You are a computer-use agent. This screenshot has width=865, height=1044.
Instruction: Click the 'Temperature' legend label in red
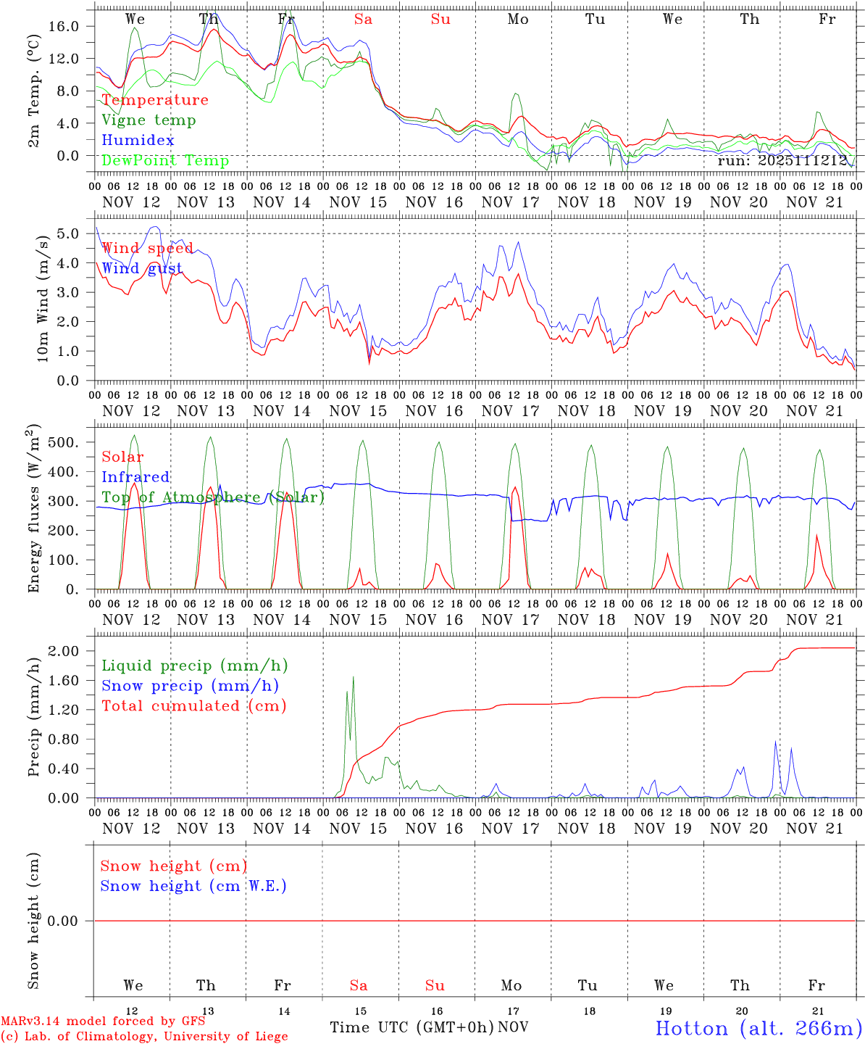pos(155,100)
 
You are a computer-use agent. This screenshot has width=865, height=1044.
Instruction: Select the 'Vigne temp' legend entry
pos(149,120)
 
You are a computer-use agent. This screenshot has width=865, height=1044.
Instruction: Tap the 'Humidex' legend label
pos(138,141)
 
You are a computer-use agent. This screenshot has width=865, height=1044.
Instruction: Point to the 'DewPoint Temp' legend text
pos(165,161)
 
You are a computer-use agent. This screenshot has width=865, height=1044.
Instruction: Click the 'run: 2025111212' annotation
pos(782,161)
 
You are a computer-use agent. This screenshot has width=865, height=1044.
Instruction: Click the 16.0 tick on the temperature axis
pos(72,26)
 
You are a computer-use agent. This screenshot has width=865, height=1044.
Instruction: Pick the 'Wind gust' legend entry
pos(142,268)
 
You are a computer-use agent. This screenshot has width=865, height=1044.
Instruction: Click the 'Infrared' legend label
pos(135,477)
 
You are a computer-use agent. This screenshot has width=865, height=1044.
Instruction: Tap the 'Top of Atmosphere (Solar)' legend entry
pos(213,497)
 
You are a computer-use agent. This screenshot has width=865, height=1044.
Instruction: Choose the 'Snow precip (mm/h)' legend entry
pos(191,686)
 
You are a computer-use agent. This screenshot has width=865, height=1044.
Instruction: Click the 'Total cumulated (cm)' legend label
pos(194,706)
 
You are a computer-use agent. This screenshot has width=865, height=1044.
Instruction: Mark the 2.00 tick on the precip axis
pos(72,651)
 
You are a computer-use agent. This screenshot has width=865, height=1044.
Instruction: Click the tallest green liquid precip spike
pos(353,678)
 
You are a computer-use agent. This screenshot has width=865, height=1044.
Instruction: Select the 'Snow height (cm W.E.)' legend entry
pos(193,886)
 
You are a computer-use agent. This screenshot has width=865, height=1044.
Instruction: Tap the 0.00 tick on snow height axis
pos(72,921)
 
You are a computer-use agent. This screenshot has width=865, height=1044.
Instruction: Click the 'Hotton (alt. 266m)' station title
pos(758,1028)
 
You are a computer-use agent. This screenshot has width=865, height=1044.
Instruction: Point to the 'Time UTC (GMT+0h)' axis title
pos(411,1027)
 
